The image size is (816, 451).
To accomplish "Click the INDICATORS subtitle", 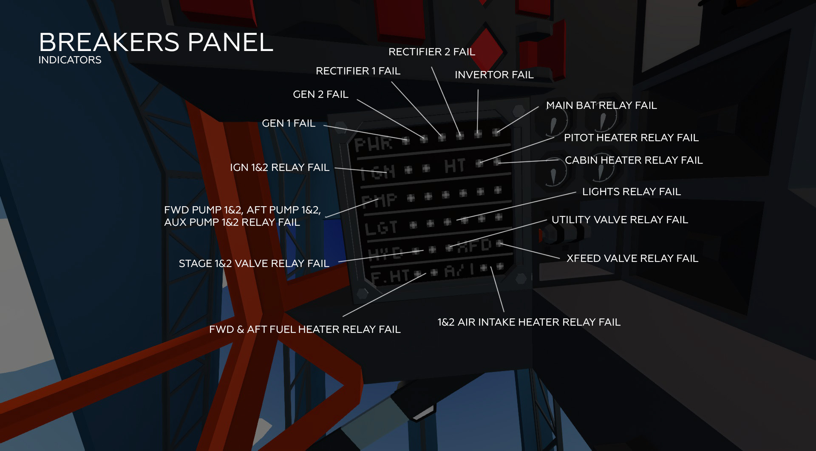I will pyautogui.click(x=70, y=60).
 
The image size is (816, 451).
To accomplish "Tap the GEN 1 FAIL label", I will pyautogui.click(x=289, y=123).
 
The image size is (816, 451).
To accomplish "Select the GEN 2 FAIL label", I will pyautogui.click(x=320, y=94).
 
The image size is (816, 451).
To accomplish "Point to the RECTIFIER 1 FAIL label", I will pyautogui.click(x=358, y=71).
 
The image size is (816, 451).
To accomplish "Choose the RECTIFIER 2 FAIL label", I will pyautogui.click(x=431, y=52).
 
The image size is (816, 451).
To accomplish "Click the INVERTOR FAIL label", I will pyautogui.click(x=494, y=75).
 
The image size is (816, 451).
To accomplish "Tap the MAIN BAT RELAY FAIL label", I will pyautogui.click(x=601, y=105).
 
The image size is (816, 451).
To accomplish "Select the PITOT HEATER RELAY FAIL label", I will pyautogui.click(x=631, y=138).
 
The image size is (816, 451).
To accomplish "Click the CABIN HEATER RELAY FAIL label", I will pyautogui.click(x=633, y=160).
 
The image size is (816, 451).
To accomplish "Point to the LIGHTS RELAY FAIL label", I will pyautogui.click(x=631, y=192).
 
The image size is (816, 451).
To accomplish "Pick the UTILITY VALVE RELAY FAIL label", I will pyautogui.click(x=619, y=220).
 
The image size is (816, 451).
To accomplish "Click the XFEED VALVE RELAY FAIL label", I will pyautogui.click(x=632, y=258).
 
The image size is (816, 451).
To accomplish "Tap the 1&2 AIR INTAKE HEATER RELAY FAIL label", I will pyautogui.click(x=529, y=322).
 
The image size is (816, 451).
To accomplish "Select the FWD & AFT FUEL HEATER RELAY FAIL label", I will pyautogui.click(x=305, y=329).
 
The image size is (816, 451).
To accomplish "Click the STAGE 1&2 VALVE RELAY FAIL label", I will pyautogui.click(x=254, y=264).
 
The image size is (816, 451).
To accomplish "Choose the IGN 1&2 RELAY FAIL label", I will pyautogui.click(x=279, y=167).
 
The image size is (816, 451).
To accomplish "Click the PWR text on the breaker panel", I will pyautogui.click(x=373, y=145).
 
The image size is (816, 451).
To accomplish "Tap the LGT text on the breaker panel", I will pyautogui.click(x=381, y=228).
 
